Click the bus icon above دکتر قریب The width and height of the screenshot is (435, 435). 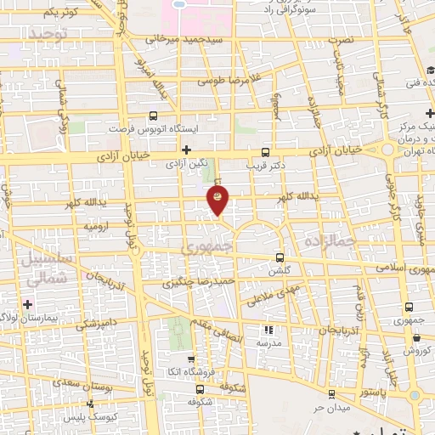pyautogui.click(x=274, y=145)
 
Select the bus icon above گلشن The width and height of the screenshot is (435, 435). pyautogui.click(x=280, y=257)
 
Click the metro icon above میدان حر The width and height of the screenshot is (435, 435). pyautogui.click(x=331, y=394)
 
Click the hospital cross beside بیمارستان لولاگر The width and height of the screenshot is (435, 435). pyautogui.click(x=29, y=303)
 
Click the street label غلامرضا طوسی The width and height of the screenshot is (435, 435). pyautogui.click(x=227, y=82)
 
